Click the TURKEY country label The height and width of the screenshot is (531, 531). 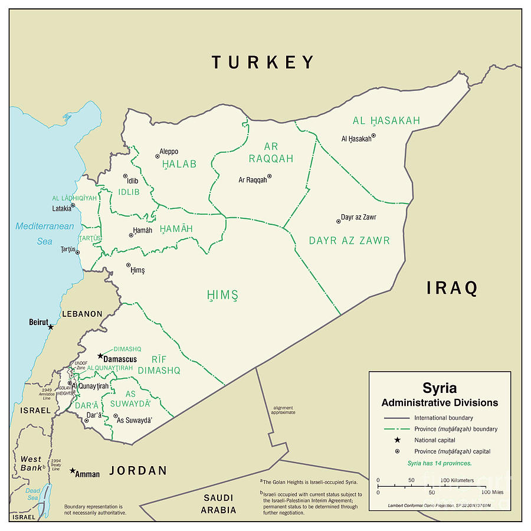tap(263, 62)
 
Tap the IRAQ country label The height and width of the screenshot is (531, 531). tap(452, 289)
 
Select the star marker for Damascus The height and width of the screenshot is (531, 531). tap(100, 356)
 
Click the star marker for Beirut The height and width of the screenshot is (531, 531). tap(51, 327)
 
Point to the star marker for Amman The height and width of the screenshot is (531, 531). tap(73, 471)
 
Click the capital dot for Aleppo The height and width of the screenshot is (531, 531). tap(158, 156)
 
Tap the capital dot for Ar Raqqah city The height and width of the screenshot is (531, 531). tap(269, 176)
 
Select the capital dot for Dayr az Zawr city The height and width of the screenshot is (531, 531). tap(338, 221)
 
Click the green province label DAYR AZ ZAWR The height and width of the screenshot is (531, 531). tap(349, 241)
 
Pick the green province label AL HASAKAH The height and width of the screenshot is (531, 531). tap(386, 121)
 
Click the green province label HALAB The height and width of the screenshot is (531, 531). tap(179, 165)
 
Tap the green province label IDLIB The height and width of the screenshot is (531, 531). tap(129, 192)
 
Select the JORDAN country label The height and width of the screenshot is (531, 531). tap(137, 471)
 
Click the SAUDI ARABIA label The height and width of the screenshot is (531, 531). tap(218, 504)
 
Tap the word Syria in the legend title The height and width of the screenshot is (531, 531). tap(439, 388)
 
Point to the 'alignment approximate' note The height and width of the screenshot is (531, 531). tap(284, 410)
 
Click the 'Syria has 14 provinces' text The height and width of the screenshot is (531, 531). tap(439, 463)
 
